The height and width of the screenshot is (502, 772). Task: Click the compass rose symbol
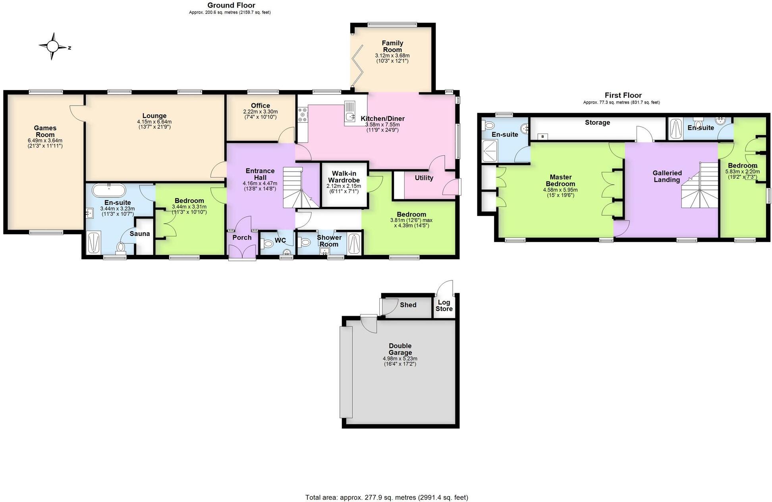[52, 46]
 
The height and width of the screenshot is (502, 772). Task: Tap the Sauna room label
[139, 234]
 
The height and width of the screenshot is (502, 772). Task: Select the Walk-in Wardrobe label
[344, 177]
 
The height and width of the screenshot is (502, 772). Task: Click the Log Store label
[444, 305]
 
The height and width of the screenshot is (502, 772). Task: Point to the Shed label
[408, 305]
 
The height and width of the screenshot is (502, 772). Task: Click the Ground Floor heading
[231, 5]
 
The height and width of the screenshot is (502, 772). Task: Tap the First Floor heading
[623, 95]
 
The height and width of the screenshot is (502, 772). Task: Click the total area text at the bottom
[386, 497]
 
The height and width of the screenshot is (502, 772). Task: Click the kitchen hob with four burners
[302, 114]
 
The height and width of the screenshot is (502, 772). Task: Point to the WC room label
[280, 240]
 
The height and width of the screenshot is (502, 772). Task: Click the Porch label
[242, 237]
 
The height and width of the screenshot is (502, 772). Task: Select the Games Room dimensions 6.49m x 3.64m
[45, 143]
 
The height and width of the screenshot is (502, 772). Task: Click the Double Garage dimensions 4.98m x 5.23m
[400, 361]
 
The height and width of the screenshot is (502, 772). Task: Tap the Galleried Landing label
[667, 176]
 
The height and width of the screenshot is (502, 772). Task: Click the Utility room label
[424, 178]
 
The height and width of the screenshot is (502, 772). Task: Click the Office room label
[261, 106]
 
